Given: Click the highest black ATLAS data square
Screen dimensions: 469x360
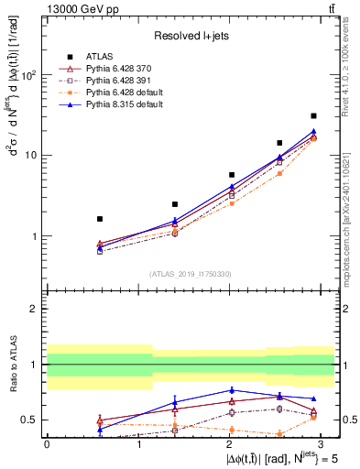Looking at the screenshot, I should [x=313, y=116].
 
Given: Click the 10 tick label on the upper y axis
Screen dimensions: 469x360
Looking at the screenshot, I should [x=30, y=156].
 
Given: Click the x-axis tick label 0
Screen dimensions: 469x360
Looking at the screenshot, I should [x=47, y=443].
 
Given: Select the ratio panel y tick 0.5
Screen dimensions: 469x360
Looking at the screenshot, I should [x=28, y=420].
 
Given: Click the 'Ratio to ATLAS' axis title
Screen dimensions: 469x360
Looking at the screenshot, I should [x=11, y=364].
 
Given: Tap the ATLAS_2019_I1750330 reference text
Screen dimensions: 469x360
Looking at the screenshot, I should [x=191, y=274].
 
